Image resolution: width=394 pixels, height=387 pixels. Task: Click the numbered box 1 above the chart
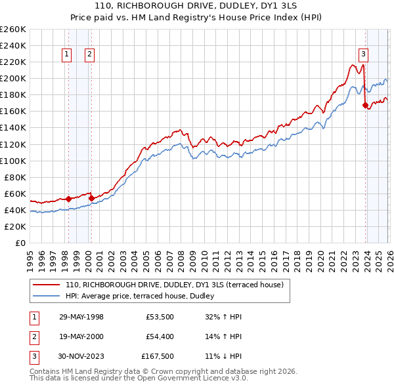67,55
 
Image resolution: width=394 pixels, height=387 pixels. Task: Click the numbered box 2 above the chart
89,55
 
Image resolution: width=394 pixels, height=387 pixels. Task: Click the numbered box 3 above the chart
363,55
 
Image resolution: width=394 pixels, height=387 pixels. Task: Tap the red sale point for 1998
68,198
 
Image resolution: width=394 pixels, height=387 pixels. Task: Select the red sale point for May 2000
91,197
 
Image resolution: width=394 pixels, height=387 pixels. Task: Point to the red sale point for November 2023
365,105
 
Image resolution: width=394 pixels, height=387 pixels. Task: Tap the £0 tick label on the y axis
20,243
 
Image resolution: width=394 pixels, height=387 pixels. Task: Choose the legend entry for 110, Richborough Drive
174,285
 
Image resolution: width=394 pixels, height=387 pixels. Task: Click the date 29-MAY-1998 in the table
81,317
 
